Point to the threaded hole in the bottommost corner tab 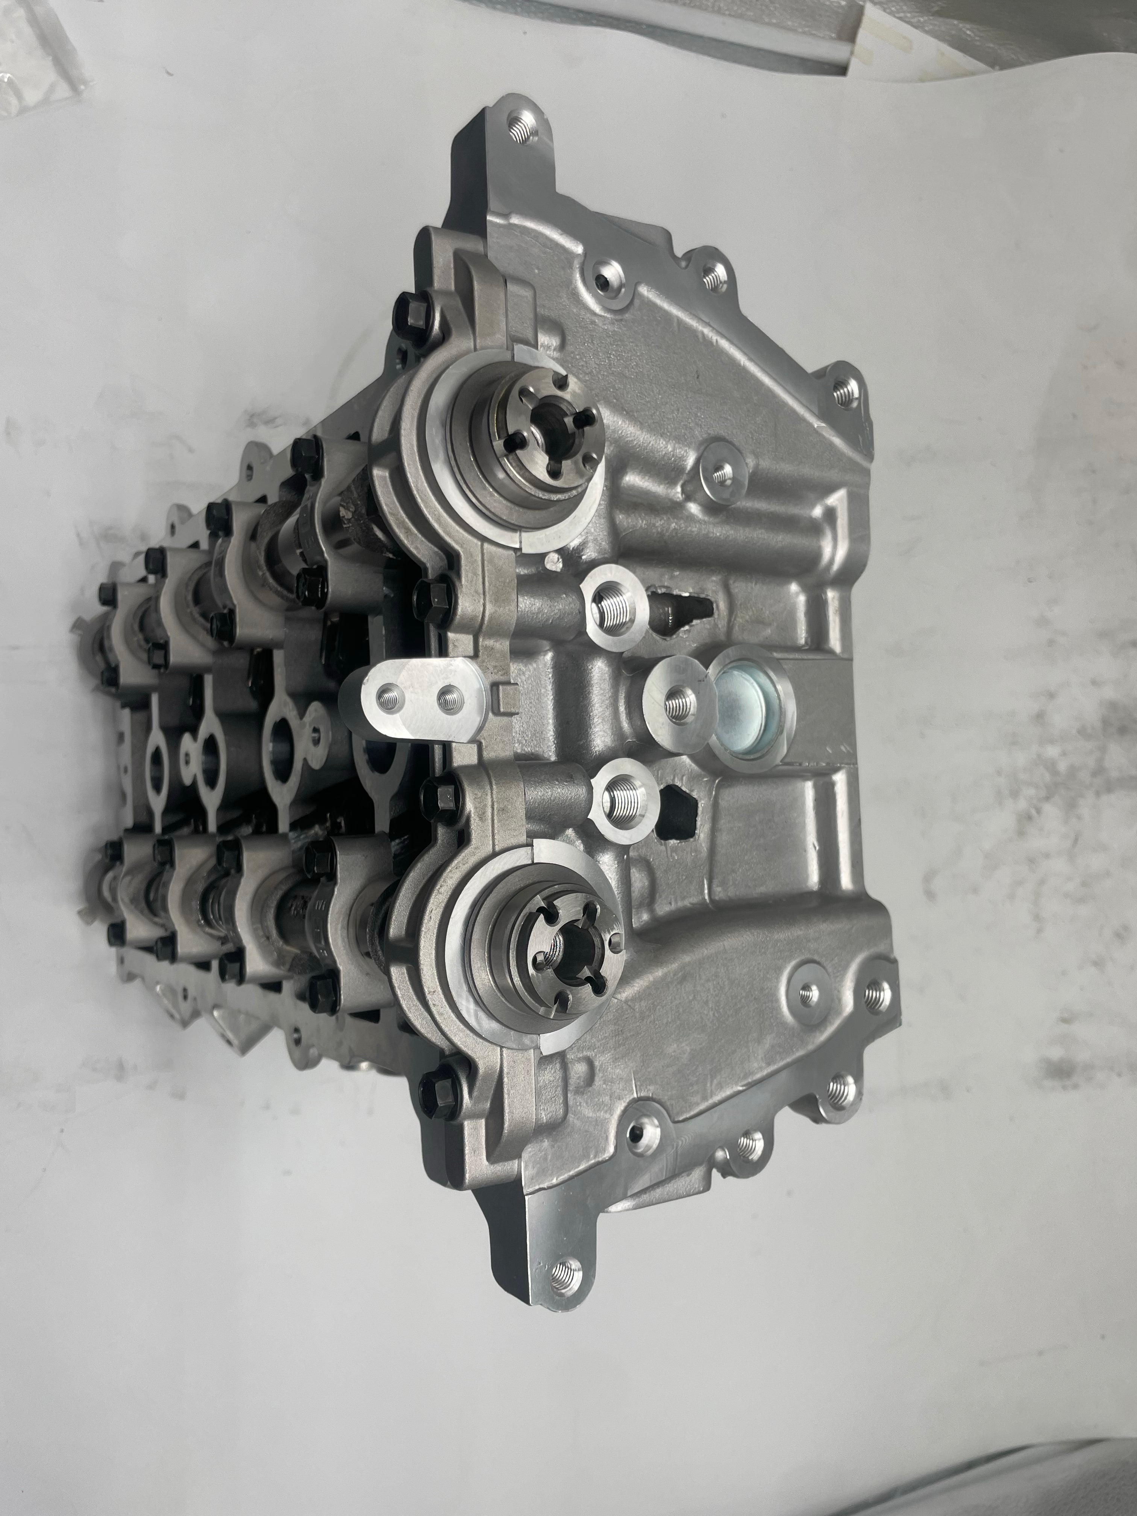click(566, 1275)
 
